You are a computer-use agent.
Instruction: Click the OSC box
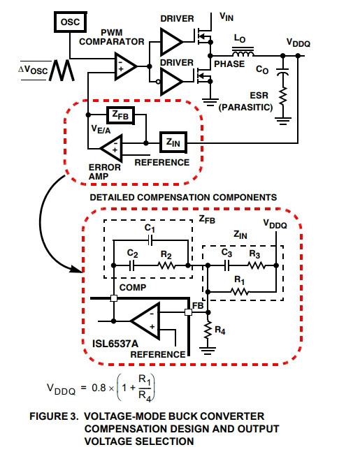point(71,22)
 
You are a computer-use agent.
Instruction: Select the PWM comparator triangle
point(124,66)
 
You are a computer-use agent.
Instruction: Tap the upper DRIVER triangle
point(171,42)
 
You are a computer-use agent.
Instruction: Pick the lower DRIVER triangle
point(171,81)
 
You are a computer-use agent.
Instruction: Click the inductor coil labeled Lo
point(243,52)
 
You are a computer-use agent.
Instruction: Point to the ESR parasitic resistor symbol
point(283,96)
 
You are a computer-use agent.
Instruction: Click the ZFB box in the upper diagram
point(121,115)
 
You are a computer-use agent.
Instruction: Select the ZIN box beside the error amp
point(173,142)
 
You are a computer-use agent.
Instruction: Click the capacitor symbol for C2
point(131,265)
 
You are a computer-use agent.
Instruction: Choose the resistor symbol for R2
point(166,265)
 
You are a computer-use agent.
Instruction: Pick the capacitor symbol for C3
point(227,265)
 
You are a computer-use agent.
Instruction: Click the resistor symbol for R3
point(257,265)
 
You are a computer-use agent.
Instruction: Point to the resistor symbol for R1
point(240,292)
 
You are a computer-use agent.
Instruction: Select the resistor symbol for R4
point(208,331)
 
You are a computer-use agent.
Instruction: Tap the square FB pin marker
point(188,312)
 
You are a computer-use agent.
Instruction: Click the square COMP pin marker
point(114,298)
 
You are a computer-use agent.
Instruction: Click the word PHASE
point(229,64)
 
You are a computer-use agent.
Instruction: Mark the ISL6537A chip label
point(115,344)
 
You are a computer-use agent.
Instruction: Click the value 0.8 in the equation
point(99,388)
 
